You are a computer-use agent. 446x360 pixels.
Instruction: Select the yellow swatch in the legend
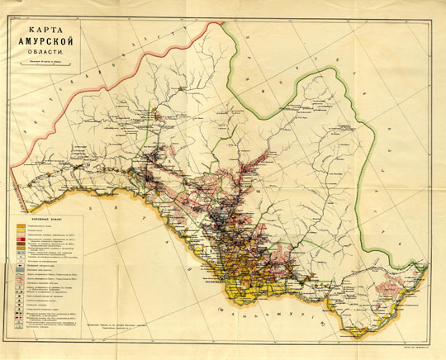click(x=22, y=231)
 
